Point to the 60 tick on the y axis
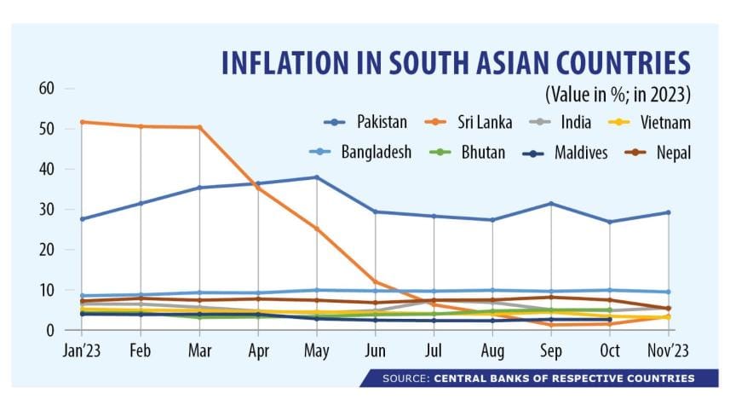click(x=46, y=89)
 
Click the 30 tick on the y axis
click(x=46, y=210)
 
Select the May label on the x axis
click(x=317, y=351)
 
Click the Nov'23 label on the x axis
click(x=668, y=351)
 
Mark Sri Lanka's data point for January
click(x=82, y=122)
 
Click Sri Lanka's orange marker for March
click(x=199, y=127)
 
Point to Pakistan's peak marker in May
click(x=317, y=177)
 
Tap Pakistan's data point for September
click(x=552, y=204)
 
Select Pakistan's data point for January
click(x=82, y=219)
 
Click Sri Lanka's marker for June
click(x=376, y=281)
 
